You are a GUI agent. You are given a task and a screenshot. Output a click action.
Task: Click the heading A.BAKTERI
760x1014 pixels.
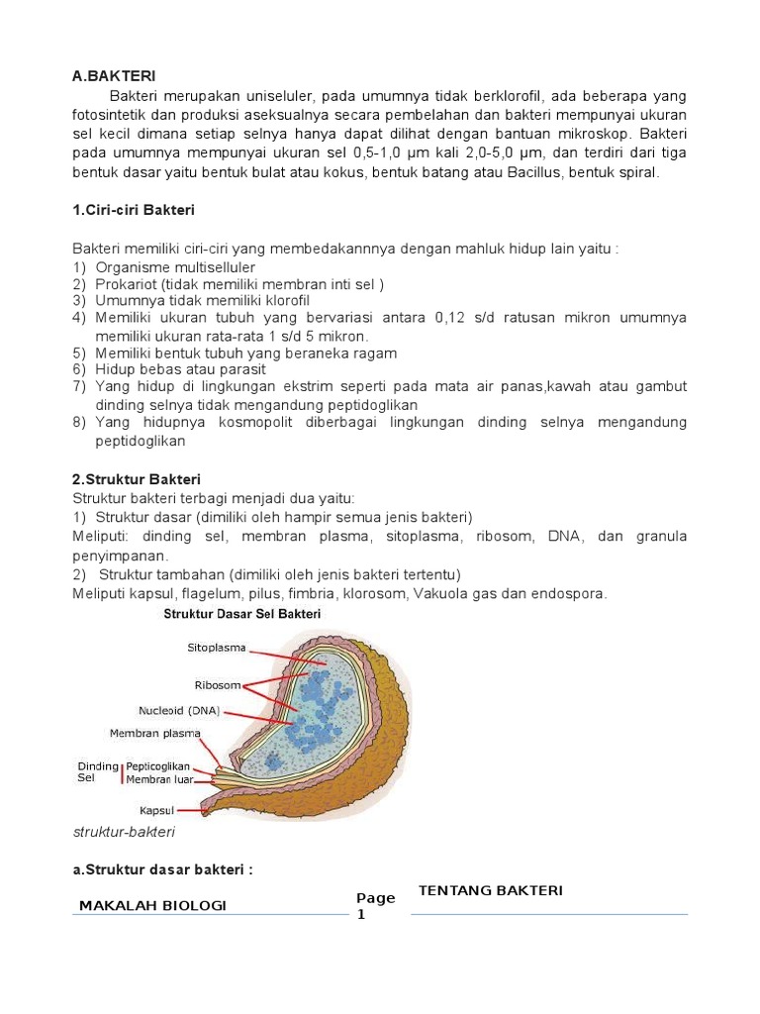click(x=114, y=75)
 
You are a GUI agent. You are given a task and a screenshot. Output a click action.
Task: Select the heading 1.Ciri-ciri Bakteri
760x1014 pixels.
click(x=134, y=210)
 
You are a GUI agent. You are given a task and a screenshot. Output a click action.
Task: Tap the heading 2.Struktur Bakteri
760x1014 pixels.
click(x=137, y=479)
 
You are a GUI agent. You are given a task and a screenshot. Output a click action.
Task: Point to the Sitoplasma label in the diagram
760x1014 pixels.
click(x=218, y=649)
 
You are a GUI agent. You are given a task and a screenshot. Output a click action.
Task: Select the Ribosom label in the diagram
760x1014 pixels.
click(x=218, y=684)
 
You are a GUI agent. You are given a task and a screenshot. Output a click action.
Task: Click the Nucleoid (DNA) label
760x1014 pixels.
click(x=180, y=709)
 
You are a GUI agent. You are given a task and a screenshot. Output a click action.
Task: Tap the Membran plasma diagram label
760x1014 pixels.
click(x=154, y=734)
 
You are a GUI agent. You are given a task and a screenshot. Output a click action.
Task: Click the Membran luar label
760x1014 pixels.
click(x=159, y=779)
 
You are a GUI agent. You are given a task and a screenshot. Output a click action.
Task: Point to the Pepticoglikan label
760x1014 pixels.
click(x=158, y=766)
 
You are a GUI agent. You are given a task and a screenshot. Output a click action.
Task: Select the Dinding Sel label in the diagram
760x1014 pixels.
click(x=97, y=772)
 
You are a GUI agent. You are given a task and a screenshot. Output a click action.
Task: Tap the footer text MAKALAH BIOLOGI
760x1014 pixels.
click(x=152, y=905)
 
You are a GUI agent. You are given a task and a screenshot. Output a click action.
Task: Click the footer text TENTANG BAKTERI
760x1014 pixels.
click(x=491, y=890)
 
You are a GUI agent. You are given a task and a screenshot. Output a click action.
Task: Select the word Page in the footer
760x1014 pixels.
click(x=376, y=898)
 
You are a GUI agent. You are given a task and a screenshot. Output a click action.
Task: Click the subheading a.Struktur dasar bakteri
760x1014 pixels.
click(x=162, y=869)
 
